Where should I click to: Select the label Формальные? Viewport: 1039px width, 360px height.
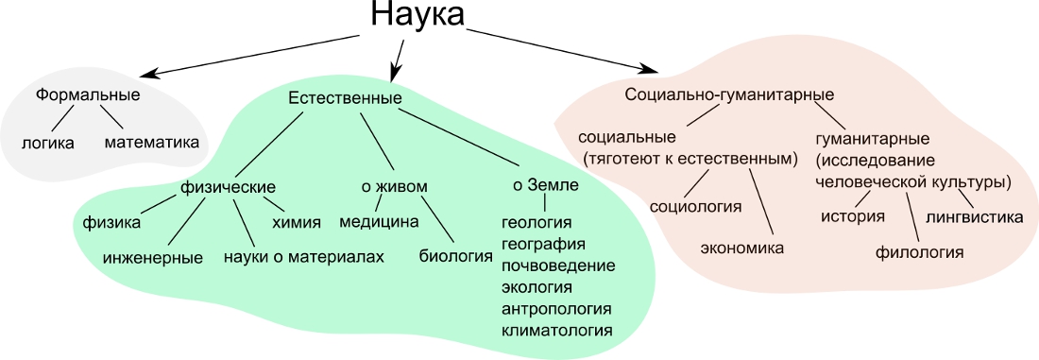[88, 94]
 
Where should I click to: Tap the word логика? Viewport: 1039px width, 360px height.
[48, 143]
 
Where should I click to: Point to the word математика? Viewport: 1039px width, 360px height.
[152, 142]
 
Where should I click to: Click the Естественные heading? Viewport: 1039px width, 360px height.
[345, 98]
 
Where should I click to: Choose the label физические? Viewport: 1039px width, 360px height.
[228, 187]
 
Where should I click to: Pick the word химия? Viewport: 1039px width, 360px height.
[297, 222]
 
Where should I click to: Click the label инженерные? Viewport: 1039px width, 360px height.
[153, 257]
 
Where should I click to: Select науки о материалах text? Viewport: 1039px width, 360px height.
[304, 257]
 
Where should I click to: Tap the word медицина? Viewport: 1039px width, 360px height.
[379, 221]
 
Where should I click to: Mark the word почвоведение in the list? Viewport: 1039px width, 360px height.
[558, 266]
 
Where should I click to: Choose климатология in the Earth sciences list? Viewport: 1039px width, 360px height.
[556, 330]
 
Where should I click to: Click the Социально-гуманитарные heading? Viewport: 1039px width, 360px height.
[729, 94]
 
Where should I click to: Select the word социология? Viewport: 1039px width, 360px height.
[695, 206]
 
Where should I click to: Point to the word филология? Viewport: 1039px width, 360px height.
[920, 252]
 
